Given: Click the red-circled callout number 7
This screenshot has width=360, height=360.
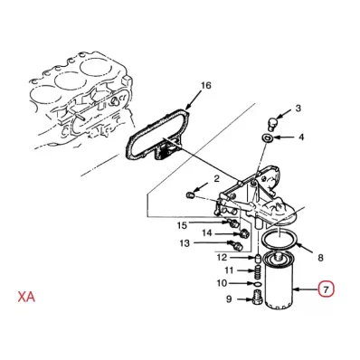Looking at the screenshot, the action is pos(326,289).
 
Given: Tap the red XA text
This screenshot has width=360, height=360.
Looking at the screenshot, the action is pos(26,297).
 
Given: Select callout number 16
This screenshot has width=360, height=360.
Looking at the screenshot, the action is pos(206,86).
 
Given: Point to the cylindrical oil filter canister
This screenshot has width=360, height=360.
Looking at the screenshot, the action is pos(279,282).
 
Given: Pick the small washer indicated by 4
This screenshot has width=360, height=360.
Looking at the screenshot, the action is pos(268,138).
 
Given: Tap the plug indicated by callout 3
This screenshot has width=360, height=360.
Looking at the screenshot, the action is pos(272,124).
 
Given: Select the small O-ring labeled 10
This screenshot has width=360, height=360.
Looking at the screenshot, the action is pos(256,284).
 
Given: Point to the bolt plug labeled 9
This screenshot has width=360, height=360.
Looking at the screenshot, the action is pos(256,298).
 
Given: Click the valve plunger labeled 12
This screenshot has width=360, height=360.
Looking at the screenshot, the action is pos(258,259).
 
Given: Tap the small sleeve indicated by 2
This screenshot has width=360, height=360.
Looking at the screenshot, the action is pos(190,195).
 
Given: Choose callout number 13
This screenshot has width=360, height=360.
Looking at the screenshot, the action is pos(185,243).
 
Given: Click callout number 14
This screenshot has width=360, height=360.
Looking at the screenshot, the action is pos(207,233).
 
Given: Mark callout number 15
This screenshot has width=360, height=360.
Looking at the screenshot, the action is pos(182,225).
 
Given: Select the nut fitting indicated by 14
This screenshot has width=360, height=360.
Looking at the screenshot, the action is pos(243,233).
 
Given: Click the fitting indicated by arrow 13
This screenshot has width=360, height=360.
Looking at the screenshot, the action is pos(237,245).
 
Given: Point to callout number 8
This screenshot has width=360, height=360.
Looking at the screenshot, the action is pos(320,258).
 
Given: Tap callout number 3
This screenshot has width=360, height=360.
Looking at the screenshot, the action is pos(298,109).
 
